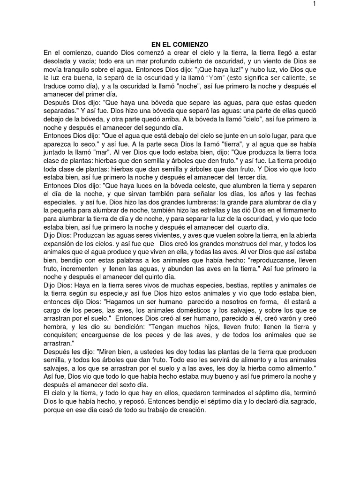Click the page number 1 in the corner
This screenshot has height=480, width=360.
pyautogui.click(x=340, y=4)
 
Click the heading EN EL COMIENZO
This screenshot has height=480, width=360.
pyautogui.click(x=180, y=44)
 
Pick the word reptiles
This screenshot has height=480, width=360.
pyautogui.click(x=252, y=285)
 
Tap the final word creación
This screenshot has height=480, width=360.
pyautogui.click(x=190, y=410)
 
